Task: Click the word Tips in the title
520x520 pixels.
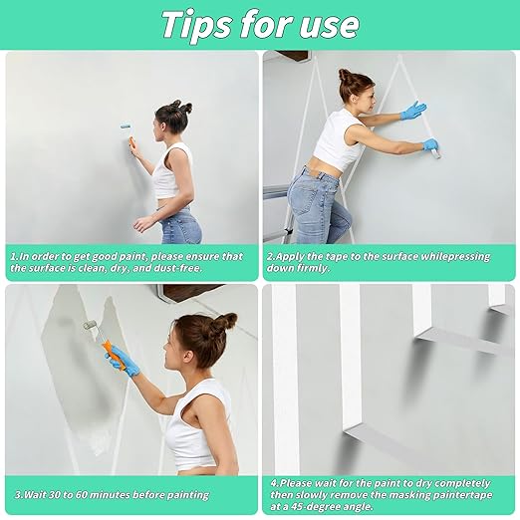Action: coord(196,23)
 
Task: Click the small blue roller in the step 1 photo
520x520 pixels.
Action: coord(126,128)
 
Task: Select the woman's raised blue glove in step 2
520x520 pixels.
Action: coord(412,110)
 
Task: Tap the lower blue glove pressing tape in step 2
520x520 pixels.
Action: coord(430,146)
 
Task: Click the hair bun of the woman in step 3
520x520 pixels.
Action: coord(225,321)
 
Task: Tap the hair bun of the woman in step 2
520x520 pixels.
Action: coord(344,75)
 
